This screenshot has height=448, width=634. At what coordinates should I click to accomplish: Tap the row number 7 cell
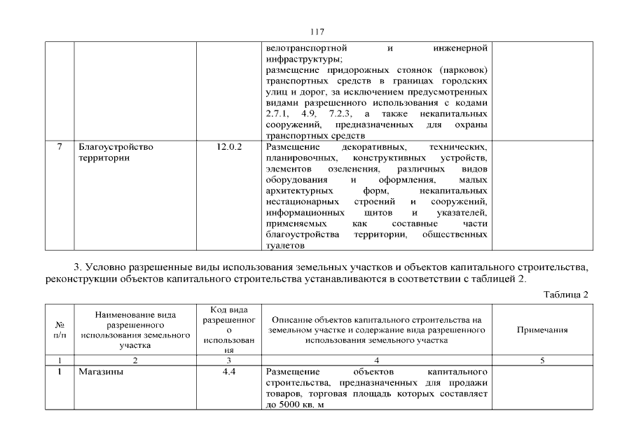pos(60,147)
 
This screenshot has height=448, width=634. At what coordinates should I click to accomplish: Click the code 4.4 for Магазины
pos(228,372)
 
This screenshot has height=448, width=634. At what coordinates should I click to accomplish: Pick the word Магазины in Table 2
pos(101,372)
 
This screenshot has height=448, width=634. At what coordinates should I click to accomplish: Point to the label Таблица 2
pos(566,294)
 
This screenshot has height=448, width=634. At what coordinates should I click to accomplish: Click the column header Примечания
pos(542,330)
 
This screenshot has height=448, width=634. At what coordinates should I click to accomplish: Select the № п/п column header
pos(60,330)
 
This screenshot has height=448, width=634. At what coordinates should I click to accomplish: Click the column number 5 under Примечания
pos(542,360)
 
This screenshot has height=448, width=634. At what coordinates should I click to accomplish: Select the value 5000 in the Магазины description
pos(290,405)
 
